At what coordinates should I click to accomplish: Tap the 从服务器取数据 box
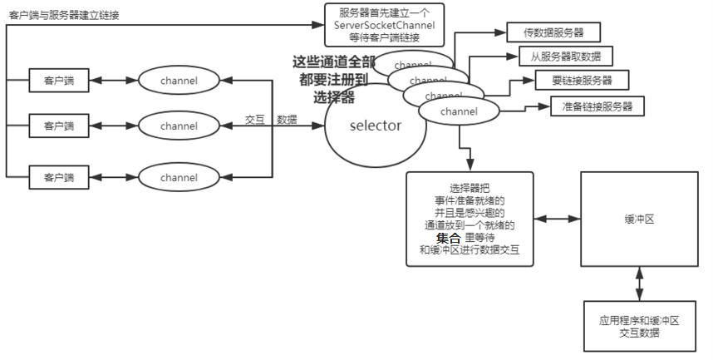(565, 57)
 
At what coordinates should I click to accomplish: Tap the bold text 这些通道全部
(328, 62)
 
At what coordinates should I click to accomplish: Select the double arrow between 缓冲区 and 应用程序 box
(639, 284)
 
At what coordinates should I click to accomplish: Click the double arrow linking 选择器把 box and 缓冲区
(557, 219)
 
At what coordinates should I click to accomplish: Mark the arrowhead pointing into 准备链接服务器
(546, 106)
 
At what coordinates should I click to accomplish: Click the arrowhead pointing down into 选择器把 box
(470, 166)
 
